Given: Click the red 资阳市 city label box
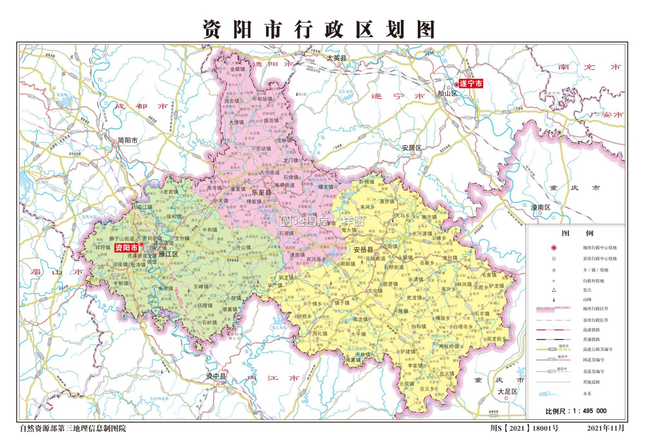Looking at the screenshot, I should pyautogui.click(x=126, y=248).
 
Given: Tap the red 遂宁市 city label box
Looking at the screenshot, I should pyautogui.click(x=471, y=83).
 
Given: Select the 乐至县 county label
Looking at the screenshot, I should pyautogui.click(x=261, y=193).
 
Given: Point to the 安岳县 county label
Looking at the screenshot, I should pyautogui.click(x=363, y=250).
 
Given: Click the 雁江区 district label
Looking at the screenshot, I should pyautogui.click(x=168, y=254).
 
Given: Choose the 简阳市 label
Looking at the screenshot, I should pyautogui.click(x=128, y=140).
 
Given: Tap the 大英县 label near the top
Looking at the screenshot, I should pyautogui.click(x=336, y=58).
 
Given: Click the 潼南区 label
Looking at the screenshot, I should pyautogui.click(x=541, y=207).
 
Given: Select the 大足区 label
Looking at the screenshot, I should pyautogui.click(x=507, y=392).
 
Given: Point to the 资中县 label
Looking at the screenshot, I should pyautogui.click(x=216, y=376).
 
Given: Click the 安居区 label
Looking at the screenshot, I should pyautogui.click(x=412, y=148).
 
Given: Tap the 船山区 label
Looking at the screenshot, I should pyautogui.click(x=447, y=93).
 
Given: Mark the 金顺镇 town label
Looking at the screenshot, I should pyautogui.click(x=237, y=69).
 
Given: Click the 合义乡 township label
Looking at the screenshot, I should pyautogui.click(x=427, y=389).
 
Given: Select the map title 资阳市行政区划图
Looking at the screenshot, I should pyautogui.click(x=319, y=29).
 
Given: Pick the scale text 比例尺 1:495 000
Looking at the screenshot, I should pyautogui.click(x=576, y=411).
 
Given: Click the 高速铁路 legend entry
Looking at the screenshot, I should pyautogui.click(x=591, y=330).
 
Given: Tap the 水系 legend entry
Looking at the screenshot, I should pyautogui.click(x=587, y=393).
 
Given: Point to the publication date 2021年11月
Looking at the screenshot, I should pyautogui.click(x=605, y=428).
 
